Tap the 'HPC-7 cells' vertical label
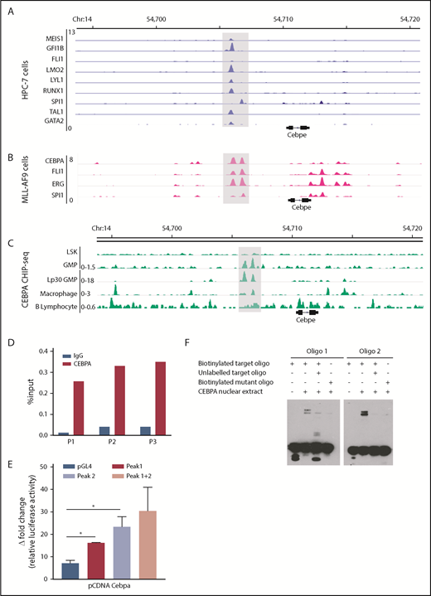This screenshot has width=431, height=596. [11, 81]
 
